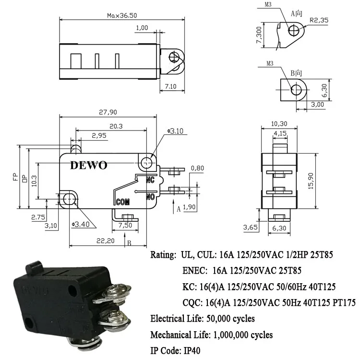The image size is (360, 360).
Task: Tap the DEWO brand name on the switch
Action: [90, 165]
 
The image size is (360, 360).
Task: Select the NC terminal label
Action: [150, 180]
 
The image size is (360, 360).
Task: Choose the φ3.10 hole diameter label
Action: [175, 131]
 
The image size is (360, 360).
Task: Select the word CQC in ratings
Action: [192, 302]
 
